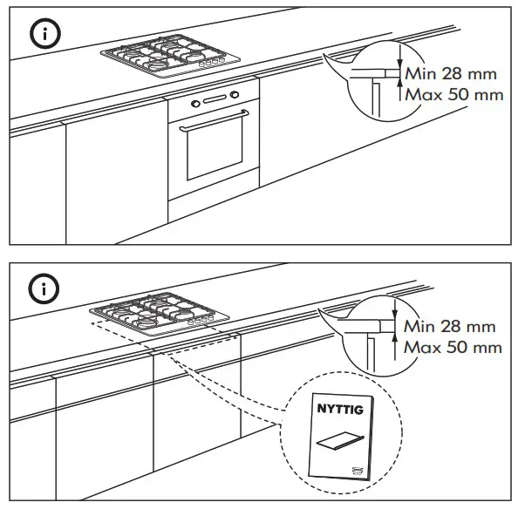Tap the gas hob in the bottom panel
pos(156,316)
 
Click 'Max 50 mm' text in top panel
pos(454,94)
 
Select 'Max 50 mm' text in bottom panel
pos(453,348)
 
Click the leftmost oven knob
pos(196,105)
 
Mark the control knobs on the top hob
pos(210,64)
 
